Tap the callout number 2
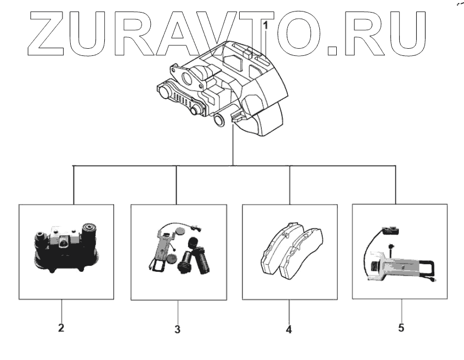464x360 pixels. pos(61,329)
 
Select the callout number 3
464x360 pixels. pos(177,330)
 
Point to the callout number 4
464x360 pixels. pos(288,330)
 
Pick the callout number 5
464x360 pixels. pos(401,328)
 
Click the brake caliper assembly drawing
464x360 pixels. pos(225,90)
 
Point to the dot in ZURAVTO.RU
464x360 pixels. pos(333,52)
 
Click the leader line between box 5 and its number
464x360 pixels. pos(401,310)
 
